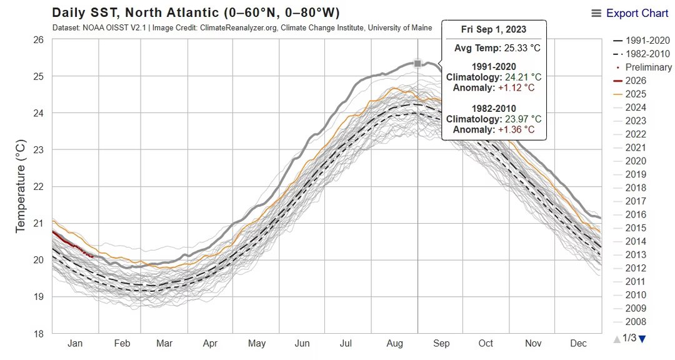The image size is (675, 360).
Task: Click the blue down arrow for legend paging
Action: (642, 339)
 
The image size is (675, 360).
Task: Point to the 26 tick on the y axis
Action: (38, 40)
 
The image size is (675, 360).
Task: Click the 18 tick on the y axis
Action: (38, 333)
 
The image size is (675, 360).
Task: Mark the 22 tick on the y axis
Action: (38, 186)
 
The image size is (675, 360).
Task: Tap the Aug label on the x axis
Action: (395, 344)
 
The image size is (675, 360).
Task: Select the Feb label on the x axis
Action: (122, 344)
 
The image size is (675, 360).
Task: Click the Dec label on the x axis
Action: (578, 344)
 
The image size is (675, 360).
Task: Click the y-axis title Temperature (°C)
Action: (21, 186)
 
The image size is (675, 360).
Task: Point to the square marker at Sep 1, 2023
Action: (417, 63)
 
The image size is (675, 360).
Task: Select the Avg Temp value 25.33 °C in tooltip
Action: (522, 47)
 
